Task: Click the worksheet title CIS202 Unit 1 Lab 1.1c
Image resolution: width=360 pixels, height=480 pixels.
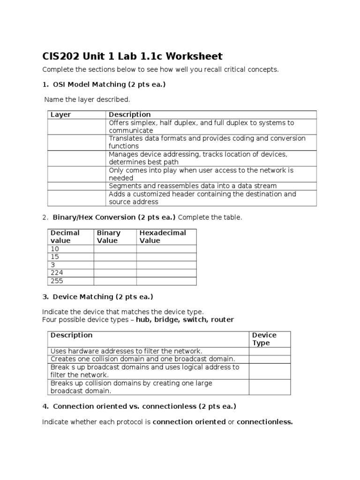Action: [132, 57]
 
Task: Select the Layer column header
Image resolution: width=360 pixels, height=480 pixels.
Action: [60, 114]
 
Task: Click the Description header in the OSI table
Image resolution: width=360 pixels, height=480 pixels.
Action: [130, 114]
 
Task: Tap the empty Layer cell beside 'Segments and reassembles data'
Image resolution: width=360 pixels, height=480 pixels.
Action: [76, 186]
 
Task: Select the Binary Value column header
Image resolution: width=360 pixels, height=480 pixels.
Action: [109, 237]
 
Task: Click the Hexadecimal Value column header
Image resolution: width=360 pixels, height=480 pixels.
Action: [163, 237]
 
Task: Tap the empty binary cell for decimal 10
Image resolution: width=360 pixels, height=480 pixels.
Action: [115, 249]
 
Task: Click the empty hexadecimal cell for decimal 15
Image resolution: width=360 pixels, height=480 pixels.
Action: [166, 257]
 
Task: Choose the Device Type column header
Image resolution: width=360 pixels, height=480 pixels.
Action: [264, 339]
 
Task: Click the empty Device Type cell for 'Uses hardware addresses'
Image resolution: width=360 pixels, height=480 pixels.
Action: [270, 351]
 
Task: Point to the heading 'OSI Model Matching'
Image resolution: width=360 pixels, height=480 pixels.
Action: [109, 85]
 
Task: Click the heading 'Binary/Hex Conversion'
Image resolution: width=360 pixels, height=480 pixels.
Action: [114, 217]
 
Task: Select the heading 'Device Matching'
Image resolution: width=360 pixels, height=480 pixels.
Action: [103, 297]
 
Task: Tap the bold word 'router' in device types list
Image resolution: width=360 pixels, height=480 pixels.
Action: [222, 320]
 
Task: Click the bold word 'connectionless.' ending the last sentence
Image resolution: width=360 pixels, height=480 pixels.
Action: [264, 422]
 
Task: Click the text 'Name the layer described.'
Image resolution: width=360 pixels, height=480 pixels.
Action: [87, 99]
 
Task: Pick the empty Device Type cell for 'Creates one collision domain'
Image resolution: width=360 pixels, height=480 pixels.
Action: [270, 359]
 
